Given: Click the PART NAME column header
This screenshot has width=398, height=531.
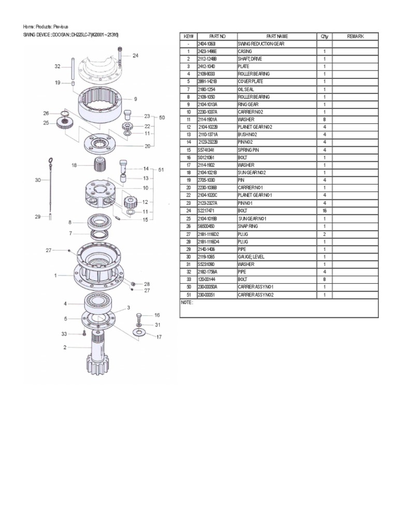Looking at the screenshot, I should [276, 36].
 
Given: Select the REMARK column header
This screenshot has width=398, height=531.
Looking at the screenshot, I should [356, 36].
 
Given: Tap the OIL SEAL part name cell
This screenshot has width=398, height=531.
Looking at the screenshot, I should [247, 89].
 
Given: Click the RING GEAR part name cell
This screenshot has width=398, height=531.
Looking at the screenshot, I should [247, 104].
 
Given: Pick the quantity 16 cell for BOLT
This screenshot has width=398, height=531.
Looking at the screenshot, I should [324, 211].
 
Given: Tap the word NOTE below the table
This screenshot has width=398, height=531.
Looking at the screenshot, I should [186, 302].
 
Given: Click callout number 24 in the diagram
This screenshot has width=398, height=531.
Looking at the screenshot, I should [135, 55].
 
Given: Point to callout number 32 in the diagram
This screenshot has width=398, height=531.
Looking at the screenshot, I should [58, 66].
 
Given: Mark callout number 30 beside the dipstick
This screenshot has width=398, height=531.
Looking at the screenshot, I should [38, 180].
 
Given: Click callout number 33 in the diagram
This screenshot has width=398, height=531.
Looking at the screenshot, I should [65, 333].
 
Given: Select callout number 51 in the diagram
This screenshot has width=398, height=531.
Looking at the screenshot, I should [161, 170].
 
